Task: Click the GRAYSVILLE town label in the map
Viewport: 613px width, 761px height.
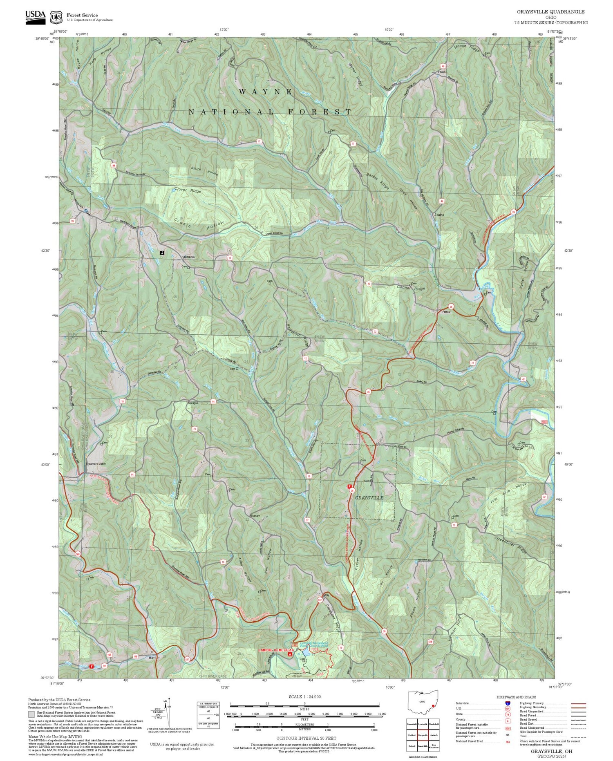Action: coord(369,498)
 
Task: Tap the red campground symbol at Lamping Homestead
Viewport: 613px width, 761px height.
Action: coord(290,654)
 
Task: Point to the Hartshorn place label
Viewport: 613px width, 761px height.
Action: coord(188,257)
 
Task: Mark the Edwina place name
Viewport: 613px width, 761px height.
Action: coord(439,215)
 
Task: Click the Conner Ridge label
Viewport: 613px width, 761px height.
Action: coord(411,289)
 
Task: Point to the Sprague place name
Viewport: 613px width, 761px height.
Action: coord(193,403)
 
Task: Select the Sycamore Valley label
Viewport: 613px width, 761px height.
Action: coord(95,464)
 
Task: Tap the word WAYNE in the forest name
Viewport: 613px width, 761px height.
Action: coord(266,92)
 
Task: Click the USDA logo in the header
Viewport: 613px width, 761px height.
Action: coord(35,17)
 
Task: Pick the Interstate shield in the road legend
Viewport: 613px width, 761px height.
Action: coord(508,703)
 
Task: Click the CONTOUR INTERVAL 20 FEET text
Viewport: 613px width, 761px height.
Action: coord(306,738)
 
